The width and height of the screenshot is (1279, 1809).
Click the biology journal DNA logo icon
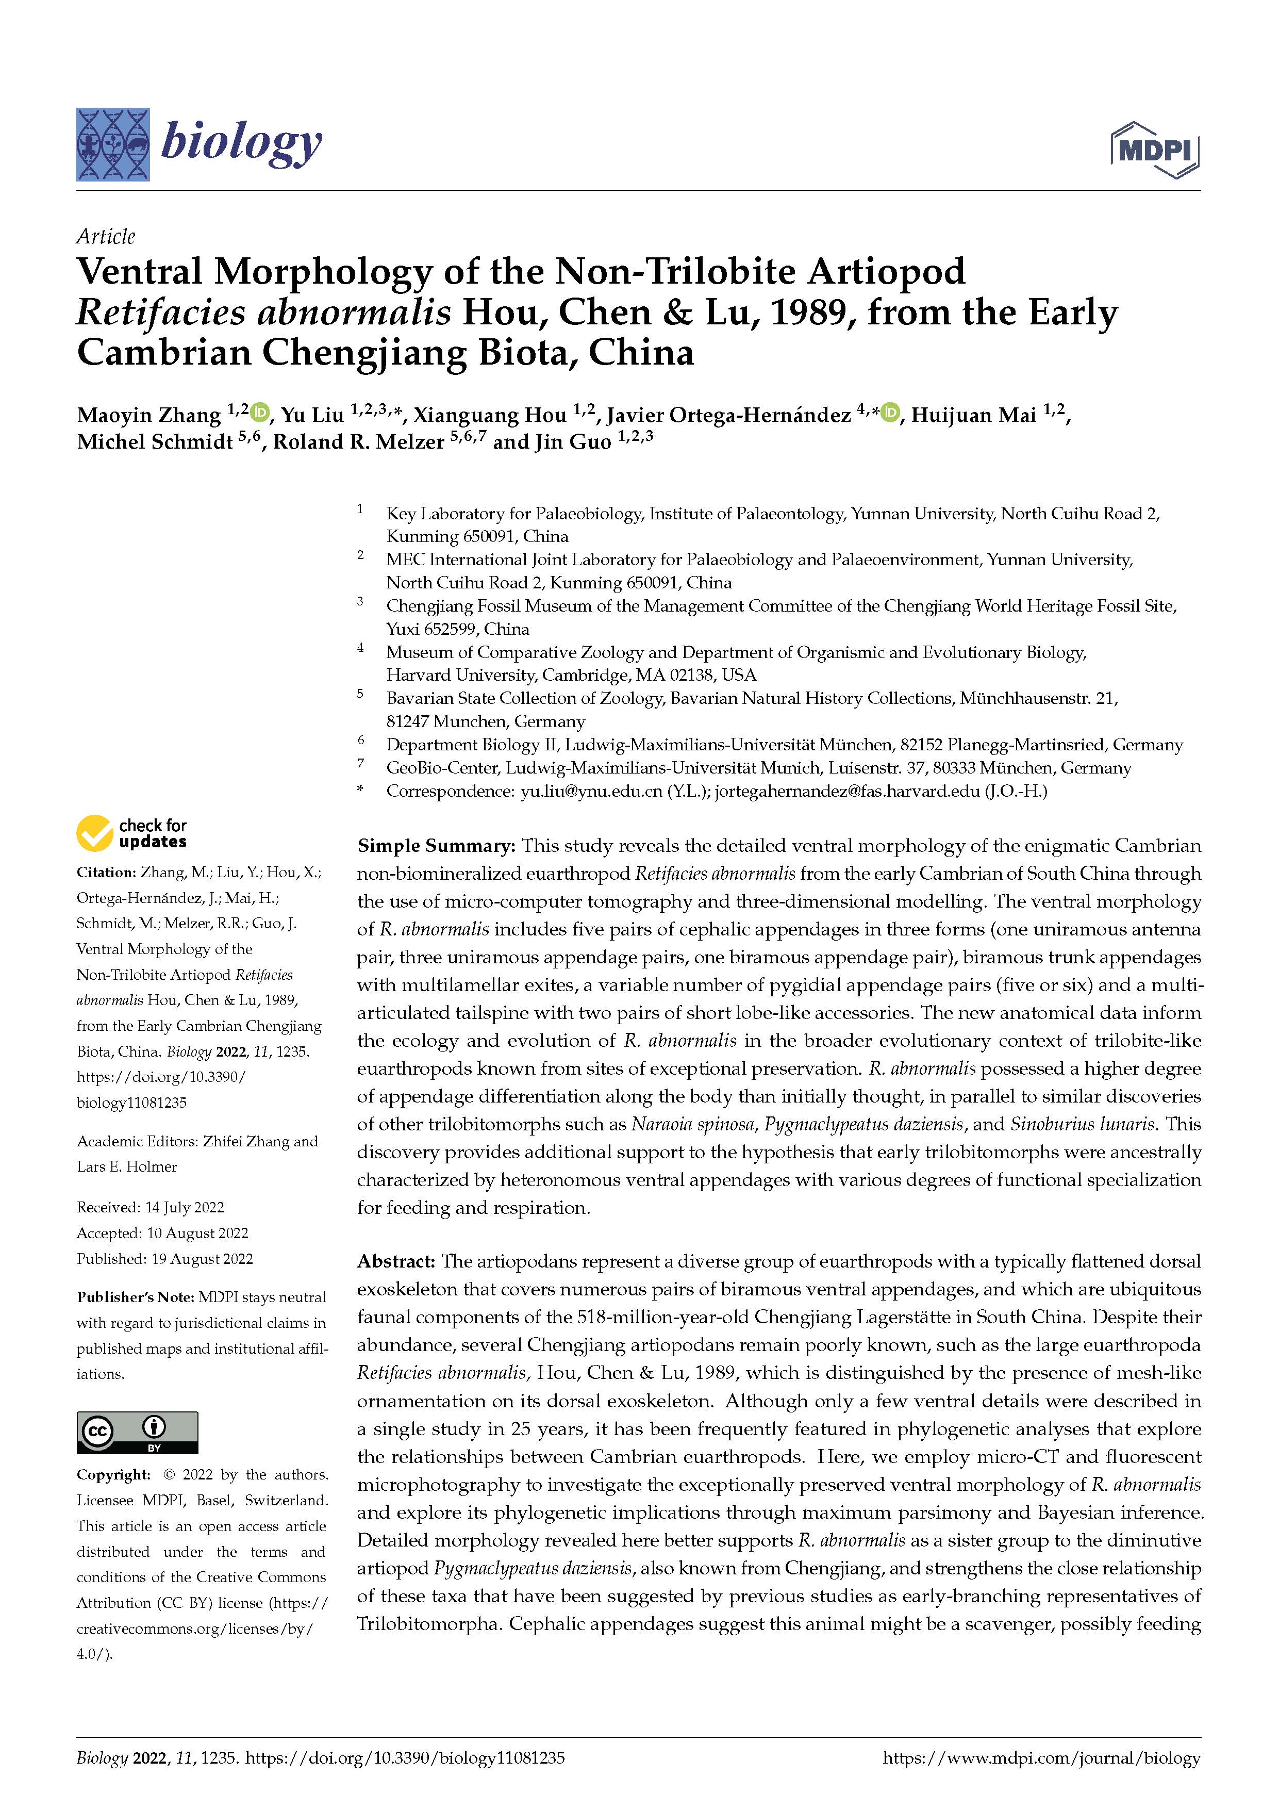coord(112,144)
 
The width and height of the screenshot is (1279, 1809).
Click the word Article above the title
coord(106,236)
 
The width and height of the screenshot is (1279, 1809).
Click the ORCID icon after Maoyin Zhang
coord(260,412)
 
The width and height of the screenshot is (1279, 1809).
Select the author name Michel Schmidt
coord(154,442)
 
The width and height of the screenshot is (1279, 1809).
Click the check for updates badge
coord(131,833)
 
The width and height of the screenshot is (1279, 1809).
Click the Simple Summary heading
coord(436,845)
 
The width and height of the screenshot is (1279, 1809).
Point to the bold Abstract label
coord(395,1261)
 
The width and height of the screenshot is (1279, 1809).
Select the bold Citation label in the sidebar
coord(106,872)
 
